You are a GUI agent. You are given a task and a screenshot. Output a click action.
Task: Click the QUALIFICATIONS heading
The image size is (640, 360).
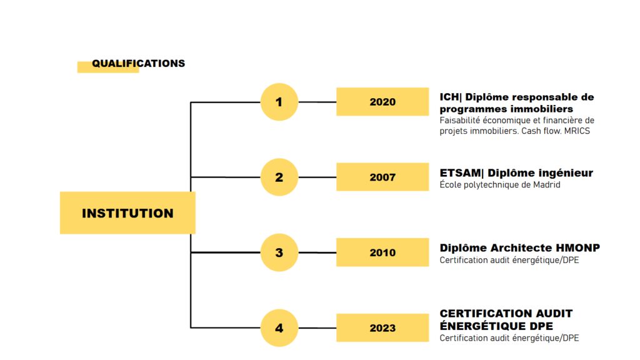click(138, 63)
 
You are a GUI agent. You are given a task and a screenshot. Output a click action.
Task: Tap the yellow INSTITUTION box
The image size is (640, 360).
click(127, 212)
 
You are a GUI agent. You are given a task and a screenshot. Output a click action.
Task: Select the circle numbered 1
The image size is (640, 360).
click(279, 102)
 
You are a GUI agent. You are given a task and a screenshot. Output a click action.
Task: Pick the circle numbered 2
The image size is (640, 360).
click(279, 177)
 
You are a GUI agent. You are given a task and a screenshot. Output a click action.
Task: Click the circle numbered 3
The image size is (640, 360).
click(279, 252)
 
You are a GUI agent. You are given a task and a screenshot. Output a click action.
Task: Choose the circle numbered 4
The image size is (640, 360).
click(279, 327)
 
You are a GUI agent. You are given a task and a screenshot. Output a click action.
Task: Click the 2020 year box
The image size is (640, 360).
click(382, 102)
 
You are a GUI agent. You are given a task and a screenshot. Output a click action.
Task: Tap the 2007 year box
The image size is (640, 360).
click(382, 177)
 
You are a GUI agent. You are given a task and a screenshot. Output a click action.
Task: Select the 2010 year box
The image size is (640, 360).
click(382, 252)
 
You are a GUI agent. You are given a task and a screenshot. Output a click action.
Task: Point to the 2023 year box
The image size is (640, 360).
click(382, 327)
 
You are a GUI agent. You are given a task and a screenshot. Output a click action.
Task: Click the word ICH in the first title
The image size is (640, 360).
click(449, 97)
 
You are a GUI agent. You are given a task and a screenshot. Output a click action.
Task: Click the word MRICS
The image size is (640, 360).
click(577, 131)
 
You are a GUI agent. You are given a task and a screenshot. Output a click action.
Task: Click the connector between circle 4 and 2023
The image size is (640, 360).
click(317, 327)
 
